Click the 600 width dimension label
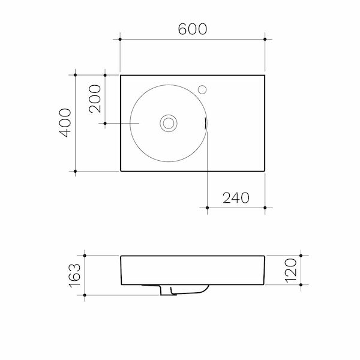(192, 29)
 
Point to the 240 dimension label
(236, 198)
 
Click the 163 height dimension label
(74, 275)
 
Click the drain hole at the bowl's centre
(169, 123)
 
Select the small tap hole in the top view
(203, 91)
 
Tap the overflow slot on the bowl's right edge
(206, 123)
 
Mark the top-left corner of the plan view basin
(121, 76)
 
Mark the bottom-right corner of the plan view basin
(265, 171)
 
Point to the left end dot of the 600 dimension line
(121, 39)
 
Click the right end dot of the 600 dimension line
(265, 39)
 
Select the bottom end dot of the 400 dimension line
(75, 171)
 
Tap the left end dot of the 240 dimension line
(207, 208)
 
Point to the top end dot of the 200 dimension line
(105, 75)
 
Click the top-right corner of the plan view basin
(265, 76)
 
